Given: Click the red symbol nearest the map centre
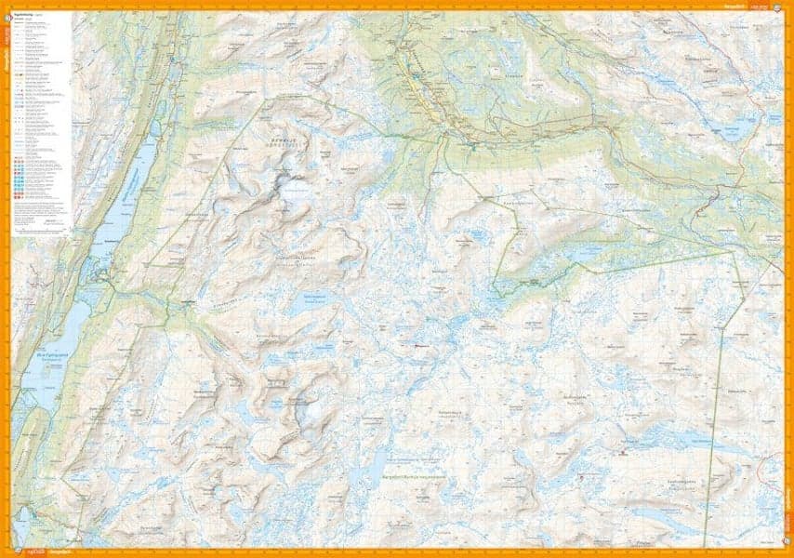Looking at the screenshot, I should pyautogui.click(x=416, y=345).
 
